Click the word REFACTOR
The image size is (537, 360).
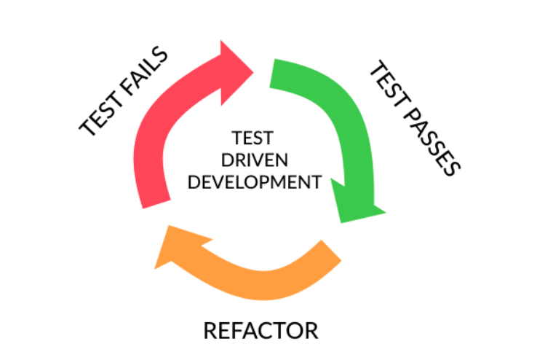[260, 330]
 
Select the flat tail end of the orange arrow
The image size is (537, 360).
[332, 251]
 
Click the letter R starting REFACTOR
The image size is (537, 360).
[210, 330]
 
